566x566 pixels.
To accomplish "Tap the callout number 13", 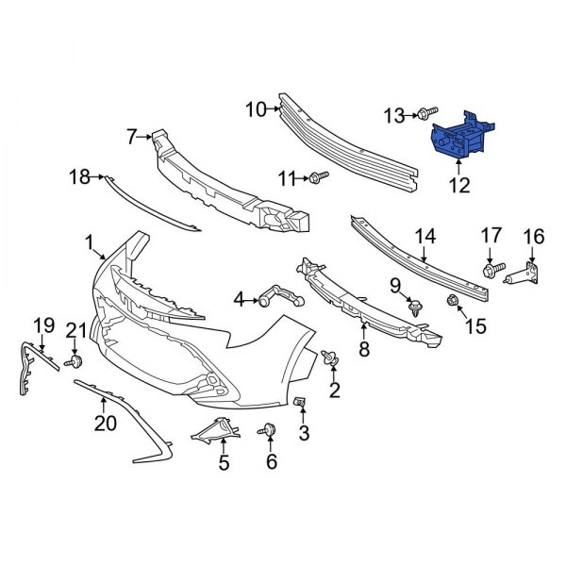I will (393, 115).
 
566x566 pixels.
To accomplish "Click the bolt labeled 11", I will (317, 175).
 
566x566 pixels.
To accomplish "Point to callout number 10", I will (256, 110).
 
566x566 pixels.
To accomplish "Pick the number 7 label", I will (132, 137).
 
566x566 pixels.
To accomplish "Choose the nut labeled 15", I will (451, 302).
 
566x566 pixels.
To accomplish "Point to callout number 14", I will (425, 236).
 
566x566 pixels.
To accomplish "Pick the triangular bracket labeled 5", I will (217, 430).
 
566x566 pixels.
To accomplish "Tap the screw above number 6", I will (269, 430).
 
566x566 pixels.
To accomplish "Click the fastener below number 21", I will (75, 361).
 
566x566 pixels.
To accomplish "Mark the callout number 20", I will (105, 424).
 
